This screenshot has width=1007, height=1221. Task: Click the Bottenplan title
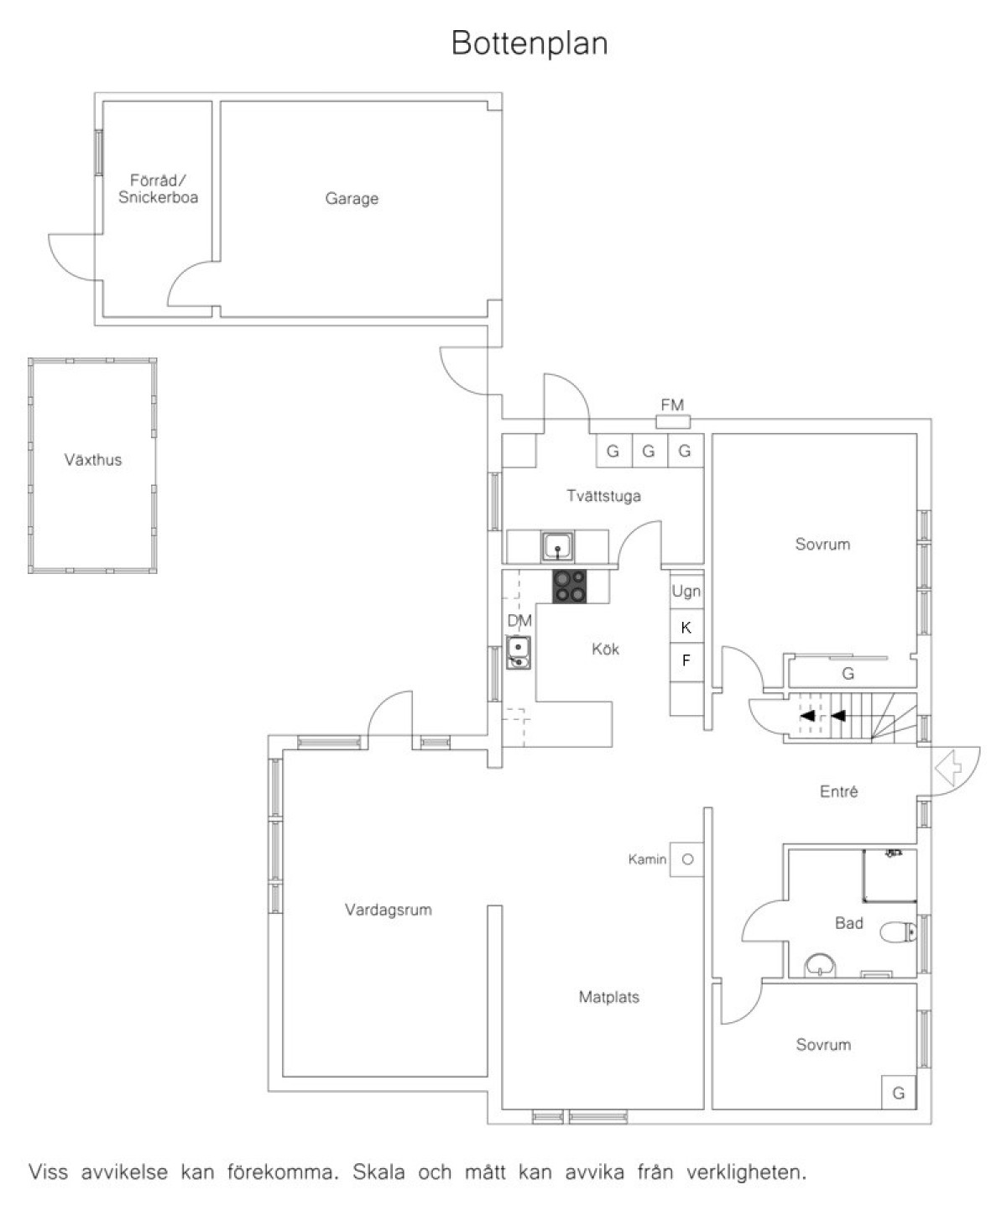(x=530, y=44)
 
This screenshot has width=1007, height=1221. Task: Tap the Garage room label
(x=352, y=199)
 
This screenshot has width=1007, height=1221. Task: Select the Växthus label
(x=93, y=460)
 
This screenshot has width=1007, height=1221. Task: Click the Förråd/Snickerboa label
(x=158, y=188)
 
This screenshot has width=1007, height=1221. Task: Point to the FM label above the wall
(x=672, y=404)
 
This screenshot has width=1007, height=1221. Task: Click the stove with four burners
(x=570, y=587)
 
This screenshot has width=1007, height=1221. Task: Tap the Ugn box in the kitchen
(x=686, y=591)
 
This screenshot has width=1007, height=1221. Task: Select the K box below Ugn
(x=686, y=627)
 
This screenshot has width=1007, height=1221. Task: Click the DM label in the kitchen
(x=519, y=620)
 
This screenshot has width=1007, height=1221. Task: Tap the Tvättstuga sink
(x=557, y=547)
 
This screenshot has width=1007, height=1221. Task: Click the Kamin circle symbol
(x=688, y=859)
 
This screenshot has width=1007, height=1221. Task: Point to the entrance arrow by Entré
(x=948, y=768)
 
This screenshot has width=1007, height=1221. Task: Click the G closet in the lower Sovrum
(x=899, y=1093)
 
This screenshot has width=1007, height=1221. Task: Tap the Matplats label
(x=608, y=997)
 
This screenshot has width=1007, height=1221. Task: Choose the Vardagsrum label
(x=389, y=910)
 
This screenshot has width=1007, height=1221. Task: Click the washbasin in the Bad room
(x=820, y=965)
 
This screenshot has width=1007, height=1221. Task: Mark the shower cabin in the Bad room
(x=890, y=875)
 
